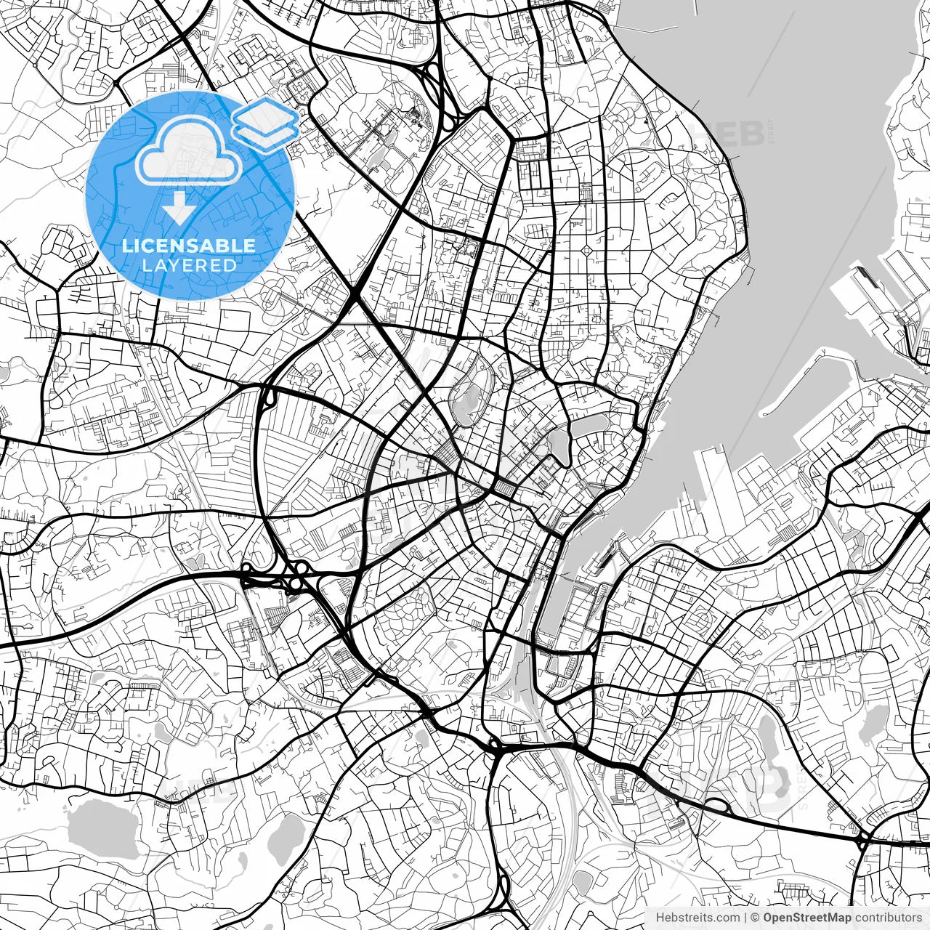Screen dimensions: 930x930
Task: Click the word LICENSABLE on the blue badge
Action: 189,246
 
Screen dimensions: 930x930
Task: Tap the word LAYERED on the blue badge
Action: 189,265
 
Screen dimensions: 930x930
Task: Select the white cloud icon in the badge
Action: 189,151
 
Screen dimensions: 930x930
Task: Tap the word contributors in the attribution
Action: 886,918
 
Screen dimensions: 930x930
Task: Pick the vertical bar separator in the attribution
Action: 746,918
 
